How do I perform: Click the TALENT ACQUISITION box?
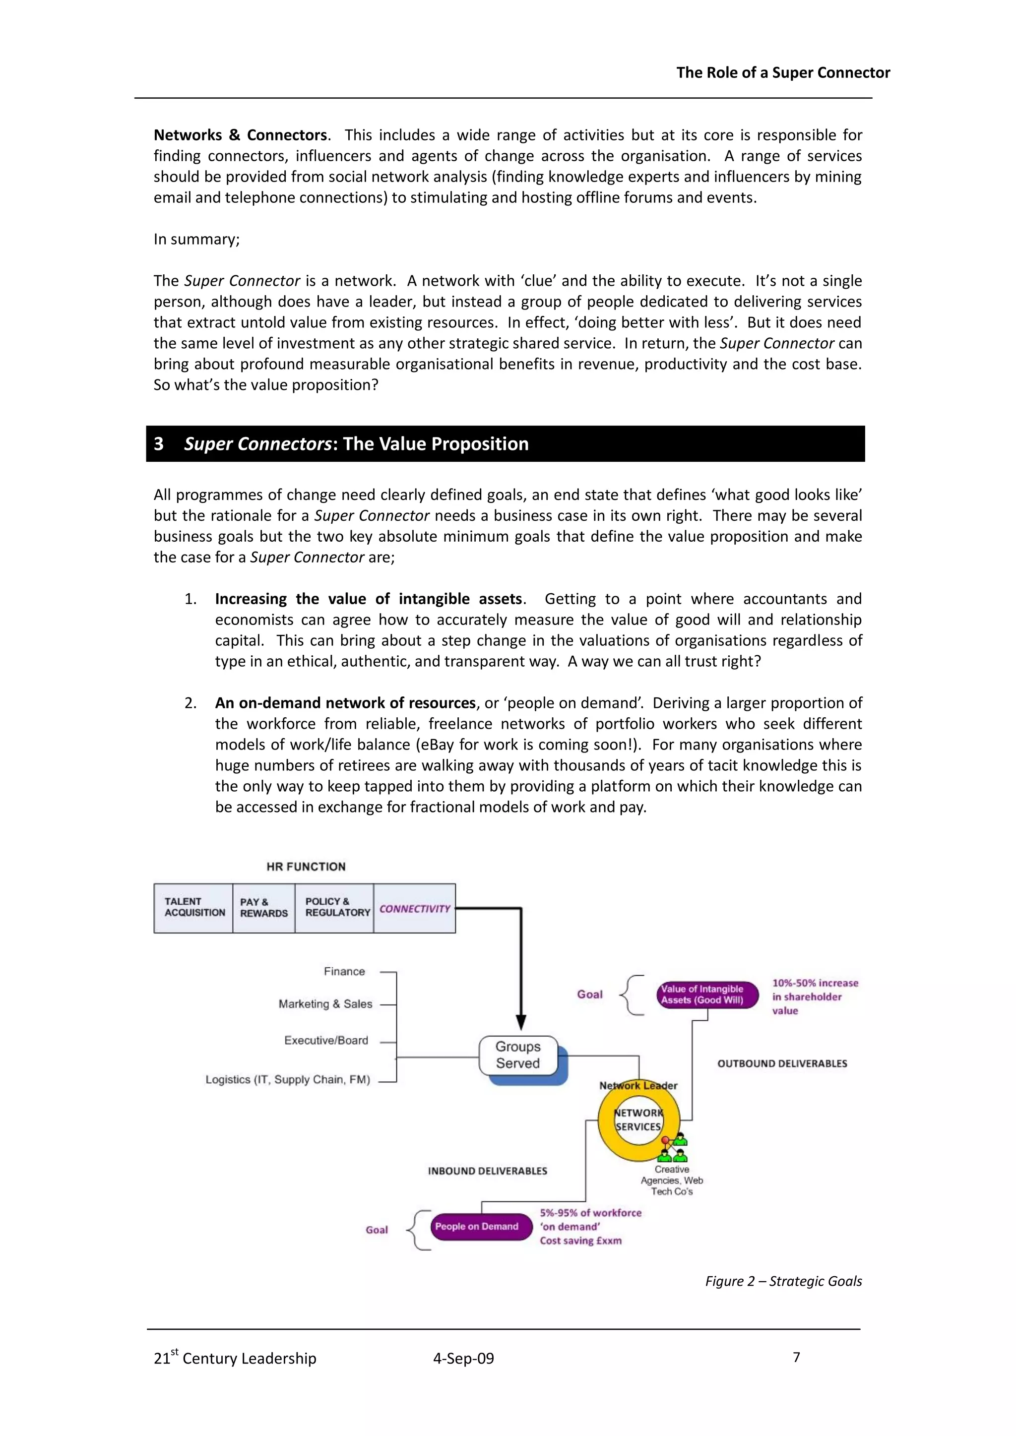(193, 908)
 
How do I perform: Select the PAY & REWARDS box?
(263, 908)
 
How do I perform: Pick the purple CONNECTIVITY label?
(414, 909)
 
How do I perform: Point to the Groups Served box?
(518, 1055)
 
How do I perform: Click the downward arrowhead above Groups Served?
(520, 1023)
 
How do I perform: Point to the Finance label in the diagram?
(344, 971)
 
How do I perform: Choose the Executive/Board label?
(326, 1040)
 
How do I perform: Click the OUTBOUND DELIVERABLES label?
(782, 1063)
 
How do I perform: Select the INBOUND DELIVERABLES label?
(487, 1171)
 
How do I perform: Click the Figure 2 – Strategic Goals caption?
(783, 1281)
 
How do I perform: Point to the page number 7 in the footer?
(796, 1357)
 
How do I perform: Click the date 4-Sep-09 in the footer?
(463, 1359)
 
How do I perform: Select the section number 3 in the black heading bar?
(159, 443)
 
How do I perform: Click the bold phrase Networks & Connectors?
(240, 135)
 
